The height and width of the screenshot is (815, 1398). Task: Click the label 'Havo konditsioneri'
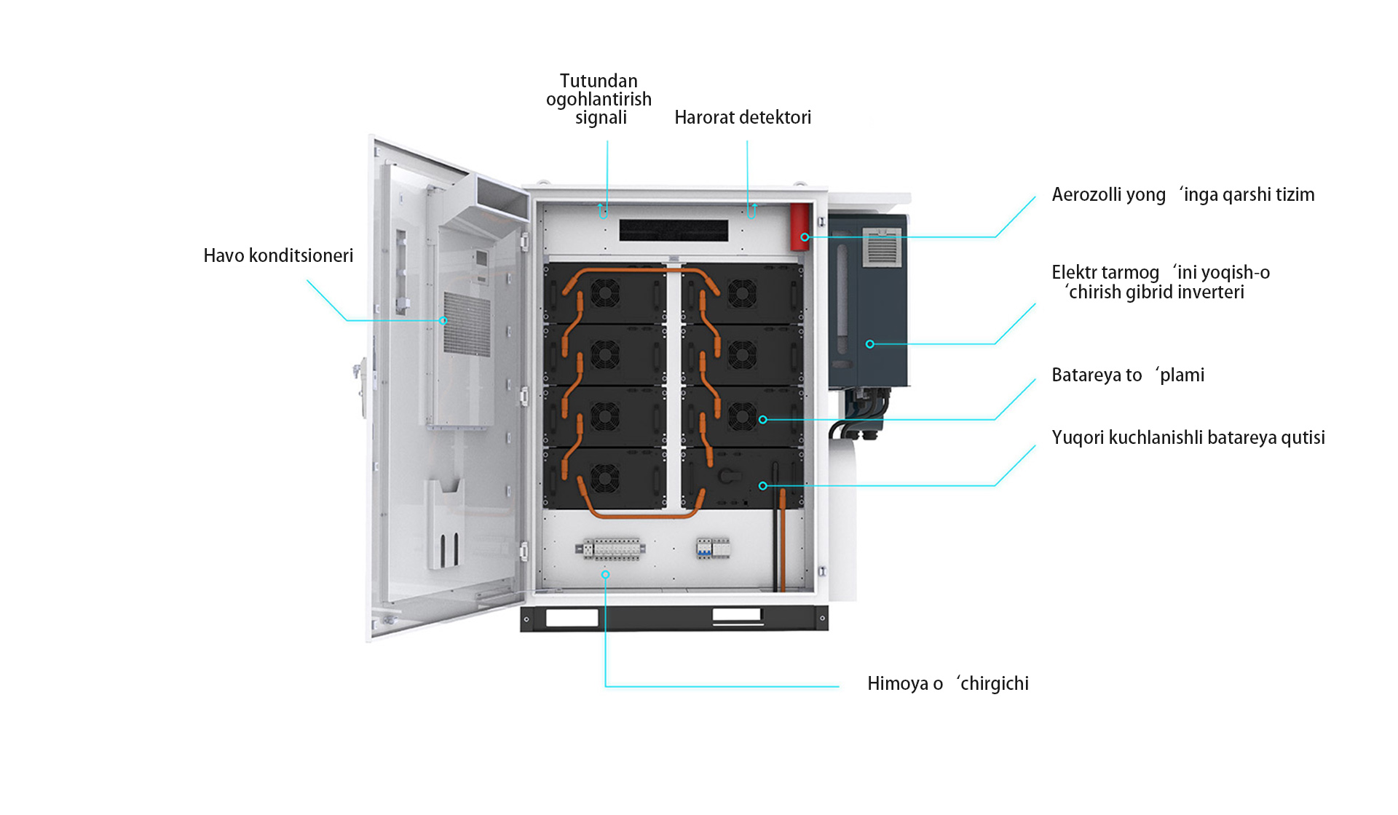(278, 255)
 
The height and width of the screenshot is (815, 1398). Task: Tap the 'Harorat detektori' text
(743, 117)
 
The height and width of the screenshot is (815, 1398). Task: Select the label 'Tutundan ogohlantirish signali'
(599, 99)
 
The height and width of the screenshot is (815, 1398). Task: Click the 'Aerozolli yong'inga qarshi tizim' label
(1183, 195)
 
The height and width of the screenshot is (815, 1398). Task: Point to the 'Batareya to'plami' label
(1128, 375)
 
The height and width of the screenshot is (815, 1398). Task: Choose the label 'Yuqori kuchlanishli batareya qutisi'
(1188, 437)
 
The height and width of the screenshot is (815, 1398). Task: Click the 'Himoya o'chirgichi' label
(948, 683)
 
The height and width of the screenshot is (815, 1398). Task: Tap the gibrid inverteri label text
(1161, 282)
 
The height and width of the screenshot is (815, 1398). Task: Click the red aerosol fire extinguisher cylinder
(800, 227)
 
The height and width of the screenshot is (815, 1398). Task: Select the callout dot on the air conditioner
(443, 320)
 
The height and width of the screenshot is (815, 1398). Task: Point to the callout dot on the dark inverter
(869, 344)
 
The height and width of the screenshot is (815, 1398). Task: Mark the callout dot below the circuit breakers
(605, 574)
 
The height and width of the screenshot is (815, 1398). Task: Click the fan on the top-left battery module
(604, 293)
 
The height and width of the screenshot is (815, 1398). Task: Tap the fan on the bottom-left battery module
(604, 477)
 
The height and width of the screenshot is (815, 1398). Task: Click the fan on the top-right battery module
(742, 293)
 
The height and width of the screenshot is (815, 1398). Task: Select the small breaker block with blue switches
(713, 548)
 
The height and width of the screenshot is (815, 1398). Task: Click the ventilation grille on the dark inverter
(882, 248)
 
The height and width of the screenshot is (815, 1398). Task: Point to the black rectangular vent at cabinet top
(674, 231)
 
